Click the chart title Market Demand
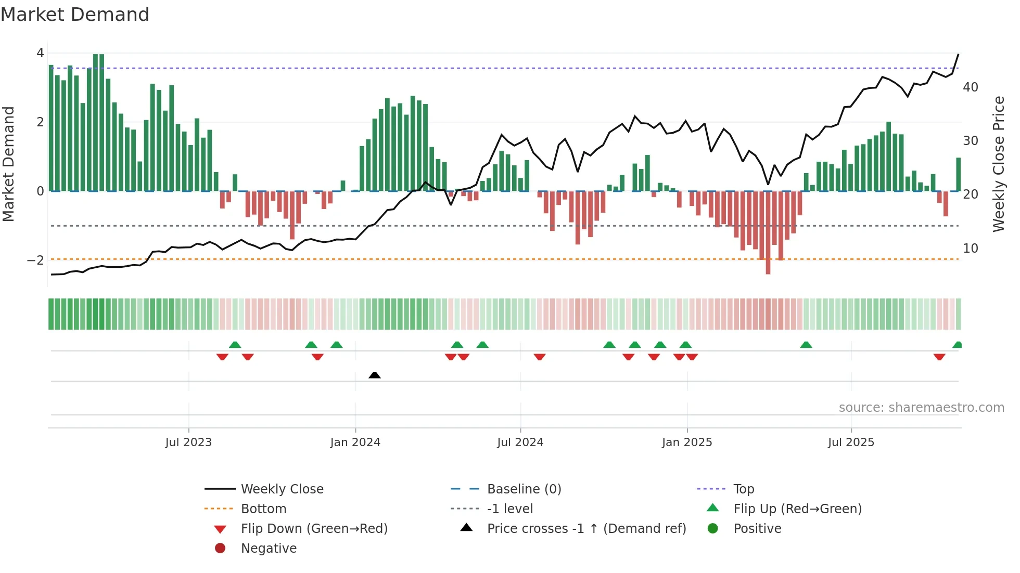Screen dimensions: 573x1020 tap(75, 15)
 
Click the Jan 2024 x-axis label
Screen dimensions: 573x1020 tap(355, 442)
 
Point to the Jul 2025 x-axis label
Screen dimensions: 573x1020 tap(851, 442)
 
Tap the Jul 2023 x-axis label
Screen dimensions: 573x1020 tap(188, 442)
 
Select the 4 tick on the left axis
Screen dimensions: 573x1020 tap(40, 53)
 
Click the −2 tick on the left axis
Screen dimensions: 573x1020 tap(36, 261)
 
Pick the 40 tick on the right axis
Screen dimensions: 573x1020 tap(970, 87)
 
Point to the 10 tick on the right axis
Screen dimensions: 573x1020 tap(970, 249)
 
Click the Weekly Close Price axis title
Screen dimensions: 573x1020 tap(998, 164)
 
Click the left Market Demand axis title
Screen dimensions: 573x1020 tap(8, 164)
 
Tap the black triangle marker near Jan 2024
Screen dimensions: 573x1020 tap(374, 375)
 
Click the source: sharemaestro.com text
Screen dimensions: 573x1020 tap(921, 408)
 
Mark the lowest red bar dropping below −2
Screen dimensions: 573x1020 tap(768, 268)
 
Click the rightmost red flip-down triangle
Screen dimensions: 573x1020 tap(939, 357)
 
